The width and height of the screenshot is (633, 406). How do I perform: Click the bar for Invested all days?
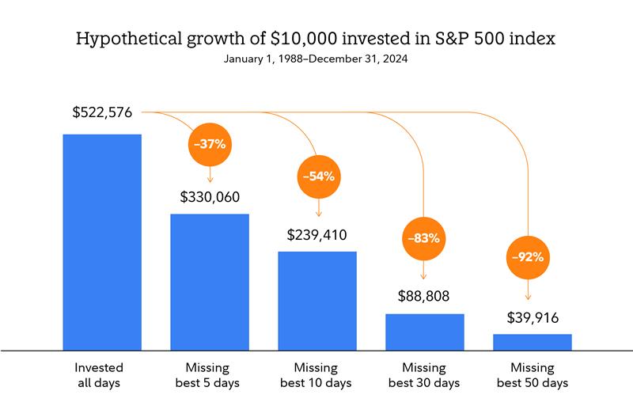pos(102,241)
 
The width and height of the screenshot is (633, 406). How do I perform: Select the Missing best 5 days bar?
pos(210,281)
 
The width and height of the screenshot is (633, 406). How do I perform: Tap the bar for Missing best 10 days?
pos(317,300)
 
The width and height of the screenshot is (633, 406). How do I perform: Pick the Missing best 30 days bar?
pos(425,331)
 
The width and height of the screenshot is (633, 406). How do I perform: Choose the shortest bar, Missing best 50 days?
pos(533,341)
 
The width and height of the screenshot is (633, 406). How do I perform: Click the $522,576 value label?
pos(103,112)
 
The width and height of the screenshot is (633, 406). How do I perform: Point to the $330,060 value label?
pos(210,196)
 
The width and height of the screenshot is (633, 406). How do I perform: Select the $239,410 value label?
pos(316,234)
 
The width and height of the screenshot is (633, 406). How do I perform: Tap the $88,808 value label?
pos(425,297)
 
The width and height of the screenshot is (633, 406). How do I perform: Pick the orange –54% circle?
pos(317,176)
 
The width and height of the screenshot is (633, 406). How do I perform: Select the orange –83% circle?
pos(425,237)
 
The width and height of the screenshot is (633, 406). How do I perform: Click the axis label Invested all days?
pos(102,375)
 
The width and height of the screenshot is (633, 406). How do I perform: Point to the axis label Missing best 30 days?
pos(425,375)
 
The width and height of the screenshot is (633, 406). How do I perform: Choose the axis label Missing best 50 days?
pos(533,375)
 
